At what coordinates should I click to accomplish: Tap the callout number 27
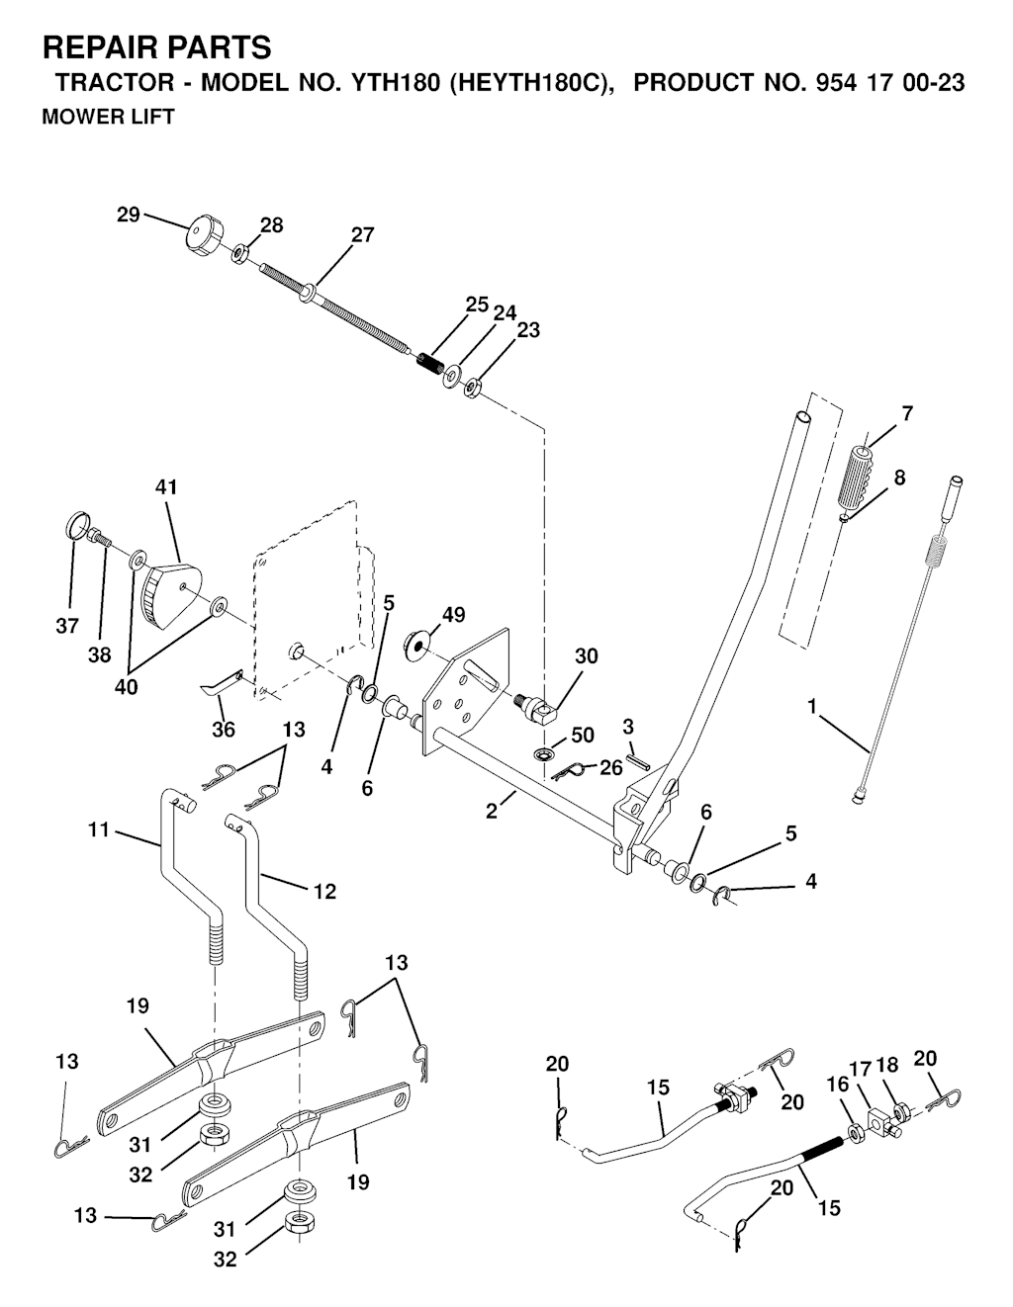point(362,234)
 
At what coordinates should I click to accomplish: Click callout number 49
point(453,615)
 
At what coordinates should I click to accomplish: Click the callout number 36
point(224,729)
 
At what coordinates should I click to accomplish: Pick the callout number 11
point(98,830)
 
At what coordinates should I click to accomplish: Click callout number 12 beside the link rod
point(324,892)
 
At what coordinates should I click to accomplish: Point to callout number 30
point(587,655)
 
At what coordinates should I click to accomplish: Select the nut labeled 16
point(856,1133)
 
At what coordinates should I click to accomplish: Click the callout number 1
point(813,707)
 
